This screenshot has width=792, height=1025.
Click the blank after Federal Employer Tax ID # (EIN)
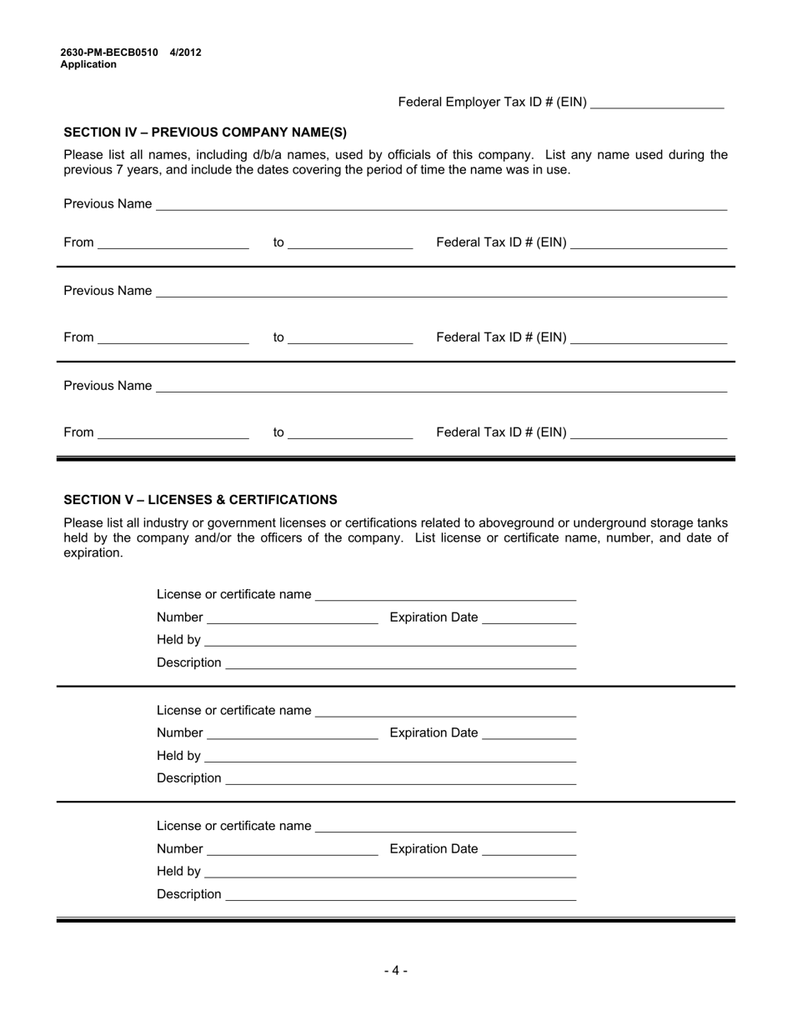coord(656,103)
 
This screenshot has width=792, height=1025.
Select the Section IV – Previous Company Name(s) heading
coord(205,132)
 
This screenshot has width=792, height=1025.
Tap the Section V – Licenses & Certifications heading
coord(200,500)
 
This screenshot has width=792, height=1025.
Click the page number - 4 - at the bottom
coord(396,970)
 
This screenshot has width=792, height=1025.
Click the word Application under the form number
coord(88,64)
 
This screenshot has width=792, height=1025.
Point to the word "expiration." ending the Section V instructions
coord(93,553)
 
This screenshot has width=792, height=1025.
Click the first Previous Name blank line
coord(441,205)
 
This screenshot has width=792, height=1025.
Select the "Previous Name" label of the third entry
coord(108,386)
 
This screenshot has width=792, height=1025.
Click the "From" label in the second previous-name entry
coord(78,337)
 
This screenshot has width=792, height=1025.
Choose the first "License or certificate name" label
coord(233,594)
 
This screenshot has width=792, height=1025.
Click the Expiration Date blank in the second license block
coord(529,734)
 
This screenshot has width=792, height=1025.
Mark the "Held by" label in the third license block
coord(178,872)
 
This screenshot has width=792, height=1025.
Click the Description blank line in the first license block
coord(401,663)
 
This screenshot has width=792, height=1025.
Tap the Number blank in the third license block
coord(292,850)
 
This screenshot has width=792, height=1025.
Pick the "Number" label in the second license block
coord(179,733)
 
